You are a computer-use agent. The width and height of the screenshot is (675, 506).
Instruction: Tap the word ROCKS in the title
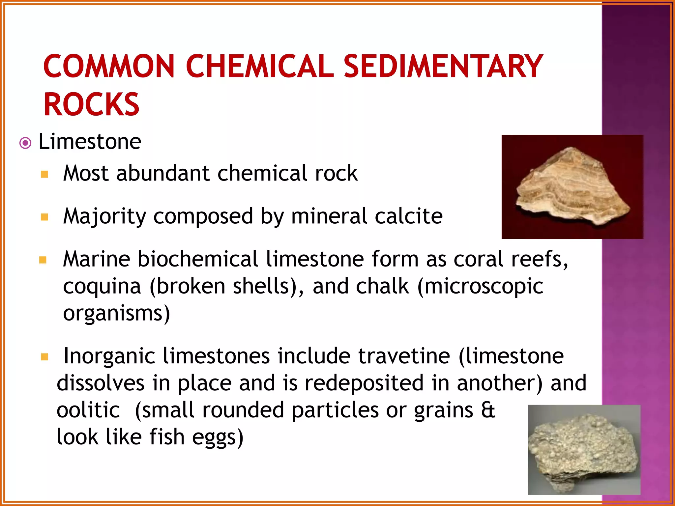pos(91,104)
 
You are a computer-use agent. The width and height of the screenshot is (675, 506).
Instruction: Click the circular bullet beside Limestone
pos(25,143)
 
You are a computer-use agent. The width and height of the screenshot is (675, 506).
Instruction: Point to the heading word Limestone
pos(90,142)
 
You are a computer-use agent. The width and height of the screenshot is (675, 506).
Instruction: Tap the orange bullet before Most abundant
pos(45,174)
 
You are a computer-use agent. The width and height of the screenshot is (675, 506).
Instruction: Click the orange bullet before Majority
pos(45,217)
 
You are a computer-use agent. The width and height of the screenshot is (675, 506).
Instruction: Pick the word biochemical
pos(197,259)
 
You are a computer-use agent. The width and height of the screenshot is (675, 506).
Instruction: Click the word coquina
pos(102,286)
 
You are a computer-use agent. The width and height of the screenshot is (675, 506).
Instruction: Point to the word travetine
pos(404,356)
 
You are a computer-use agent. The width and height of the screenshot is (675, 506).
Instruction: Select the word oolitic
pos(88,410)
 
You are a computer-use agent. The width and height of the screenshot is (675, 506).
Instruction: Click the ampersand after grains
pos(488,410)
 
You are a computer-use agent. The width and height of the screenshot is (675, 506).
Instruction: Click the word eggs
pos(218,437)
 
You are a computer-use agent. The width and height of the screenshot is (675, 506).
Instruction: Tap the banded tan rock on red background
pos(572,187)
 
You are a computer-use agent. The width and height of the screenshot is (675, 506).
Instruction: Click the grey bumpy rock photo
pos(584,449)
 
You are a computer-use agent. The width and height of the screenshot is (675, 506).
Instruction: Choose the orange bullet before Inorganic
pos(45,357)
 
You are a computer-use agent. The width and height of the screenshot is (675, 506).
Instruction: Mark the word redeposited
pos(364,383)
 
